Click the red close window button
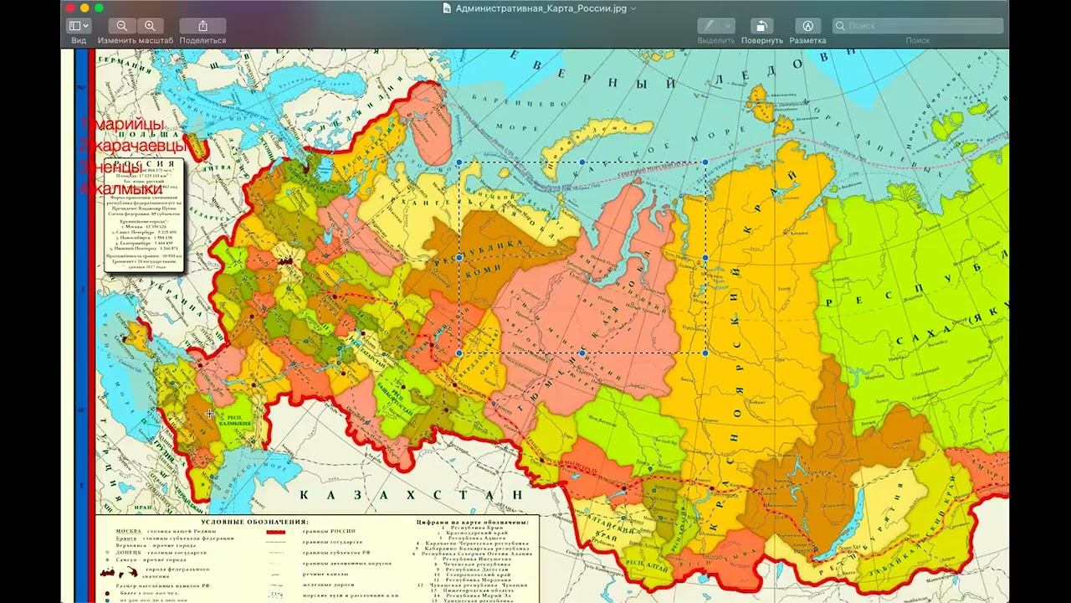coord(70,8)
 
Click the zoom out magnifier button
coord(122,26)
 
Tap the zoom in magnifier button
coord(150,26)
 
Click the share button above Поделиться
coord(202,26)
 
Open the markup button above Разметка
coord(807,26)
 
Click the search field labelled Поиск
coord(918,26)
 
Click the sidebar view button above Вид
coord(79,26)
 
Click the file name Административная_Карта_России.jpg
coord(539,8)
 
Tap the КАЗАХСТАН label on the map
coord(410,494)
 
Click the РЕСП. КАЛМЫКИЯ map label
coord(234,420)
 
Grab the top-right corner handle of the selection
coord(705,162)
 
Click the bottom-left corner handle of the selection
coord(459,353)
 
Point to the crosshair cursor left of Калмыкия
coord(210,414)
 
